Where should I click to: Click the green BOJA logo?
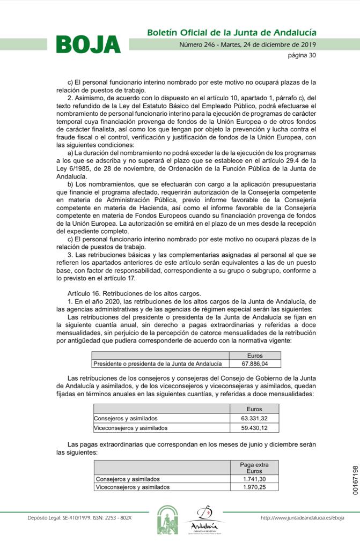coord(89,44)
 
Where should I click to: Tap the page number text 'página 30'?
coord(302,55)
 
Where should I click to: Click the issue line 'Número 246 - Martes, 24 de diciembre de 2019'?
coord(247,44)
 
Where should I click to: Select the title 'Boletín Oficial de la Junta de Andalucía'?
coord(231,33)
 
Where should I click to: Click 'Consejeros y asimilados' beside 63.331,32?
coord(126,418)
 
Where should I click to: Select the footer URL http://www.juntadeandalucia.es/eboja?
coord(302,517)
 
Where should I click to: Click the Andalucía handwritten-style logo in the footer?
coord(204,519)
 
